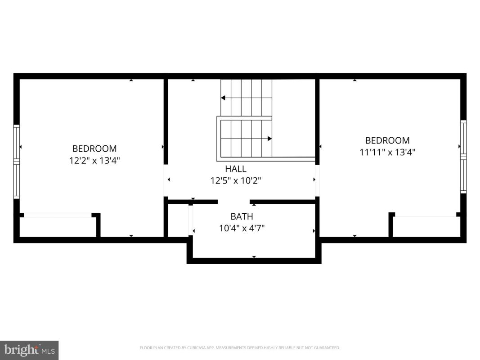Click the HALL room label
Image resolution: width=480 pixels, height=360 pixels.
[x=236, y=169]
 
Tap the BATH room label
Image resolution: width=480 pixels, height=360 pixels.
[x=242, y=216]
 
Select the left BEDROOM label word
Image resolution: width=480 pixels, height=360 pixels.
[x=94, y=148]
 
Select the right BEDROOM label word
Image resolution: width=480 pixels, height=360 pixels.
[x=387, y=140]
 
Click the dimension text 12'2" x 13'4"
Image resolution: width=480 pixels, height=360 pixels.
[x=94, y=160]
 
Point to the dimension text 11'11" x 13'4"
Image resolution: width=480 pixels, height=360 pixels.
[x=387, y=152]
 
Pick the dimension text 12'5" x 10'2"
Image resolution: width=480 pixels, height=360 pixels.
[x=236, y=180]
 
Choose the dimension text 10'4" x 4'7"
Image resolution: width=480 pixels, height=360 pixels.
[x=242, y=228]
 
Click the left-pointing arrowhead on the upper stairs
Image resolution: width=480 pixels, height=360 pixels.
[x=223, y=98]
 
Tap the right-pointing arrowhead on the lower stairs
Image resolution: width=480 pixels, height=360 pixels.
[x=270, y=139]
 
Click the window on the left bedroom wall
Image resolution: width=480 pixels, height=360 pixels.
[x=17, y=162]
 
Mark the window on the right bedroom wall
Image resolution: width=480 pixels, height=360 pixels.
[x=463, y=157]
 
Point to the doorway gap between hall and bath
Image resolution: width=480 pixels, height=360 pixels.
[x=234, y=202]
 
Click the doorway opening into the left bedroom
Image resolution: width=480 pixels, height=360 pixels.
[x=166, y=180]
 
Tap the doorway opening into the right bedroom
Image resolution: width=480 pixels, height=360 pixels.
[x=318, y=180]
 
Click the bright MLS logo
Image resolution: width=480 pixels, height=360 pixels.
[x=29, y=350]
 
